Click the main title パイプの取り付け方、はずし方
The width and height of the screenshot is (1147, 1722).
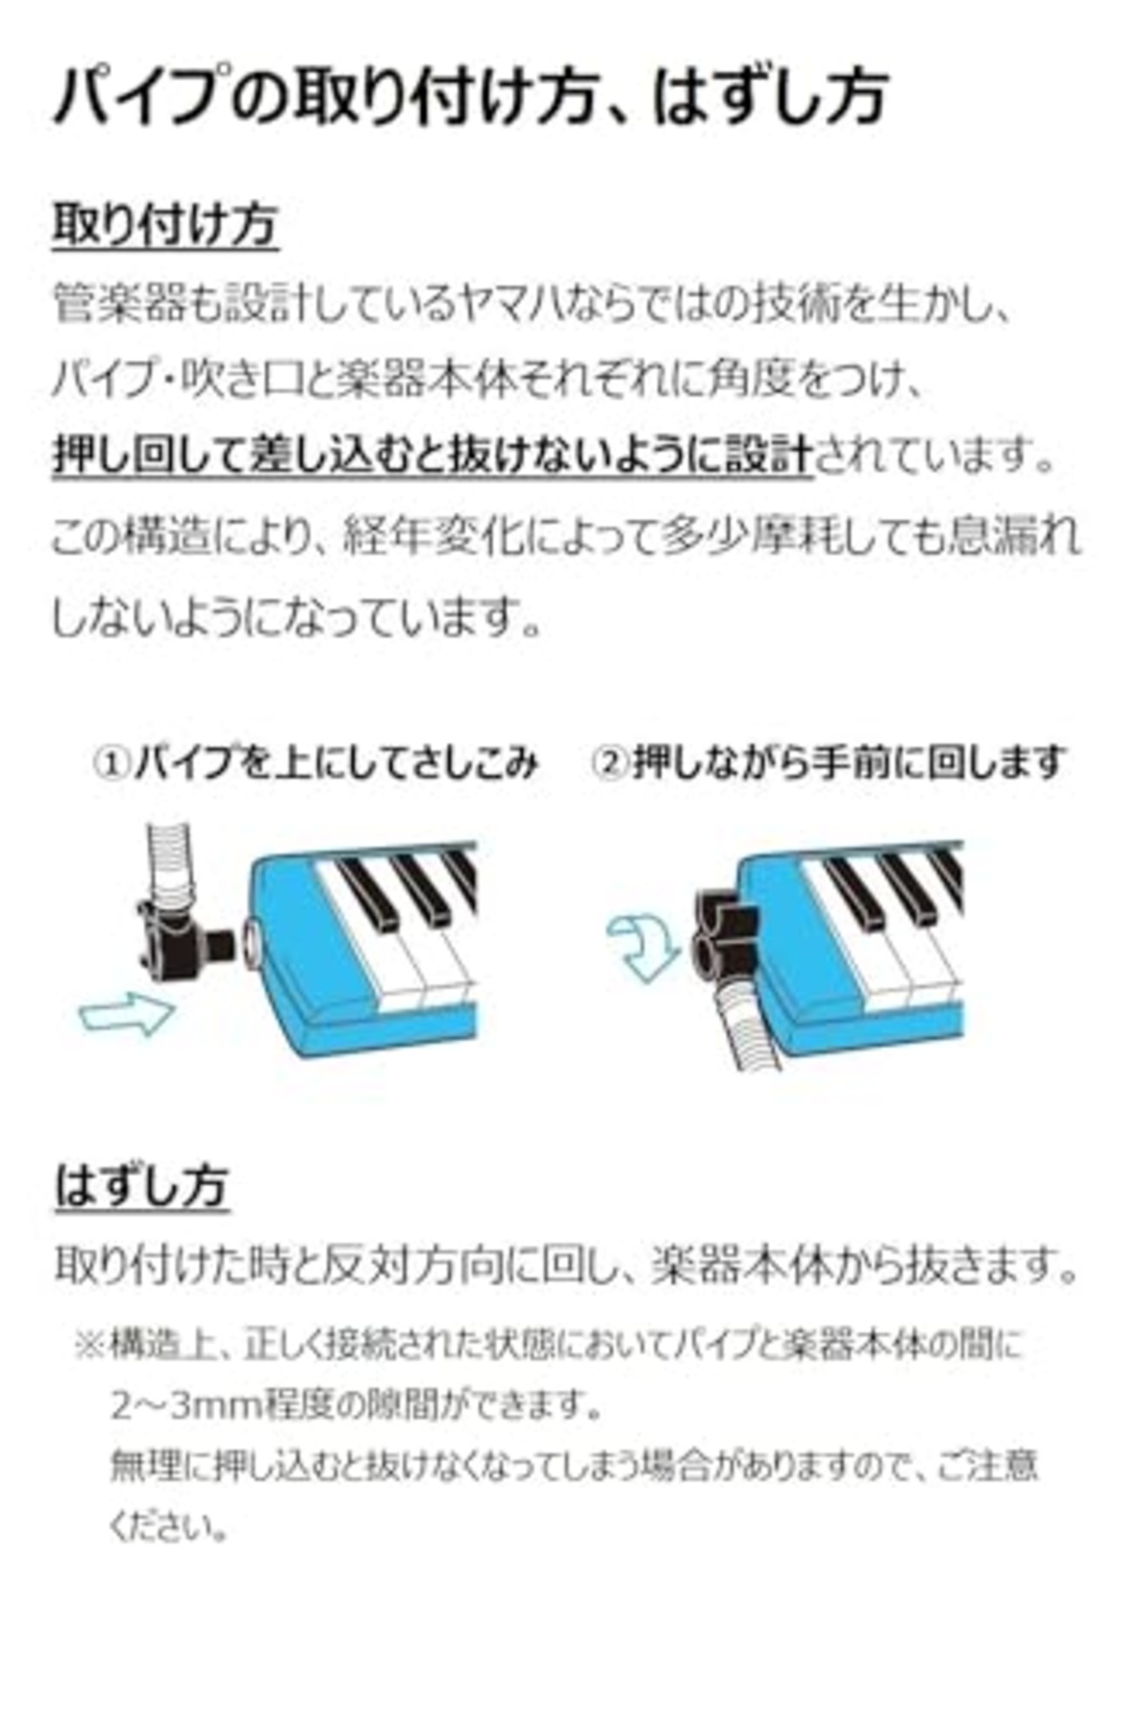click(470, 97)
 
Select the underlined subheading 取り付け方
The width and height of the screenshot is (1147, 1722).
click(166, 224)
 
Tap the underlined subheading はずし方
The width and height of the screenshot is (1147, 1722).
click(142, 1186)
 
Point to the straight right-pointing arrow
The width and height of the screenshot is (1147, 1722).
click(125, 1013)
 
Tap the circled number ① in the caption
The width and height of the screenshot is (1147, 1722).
click(114, 763)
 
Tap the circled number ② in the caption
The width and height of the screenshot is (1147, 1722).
click(611, 763)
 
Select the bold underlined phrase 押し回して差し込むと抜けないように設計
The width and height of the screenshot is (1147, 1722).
click(433, 457)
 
